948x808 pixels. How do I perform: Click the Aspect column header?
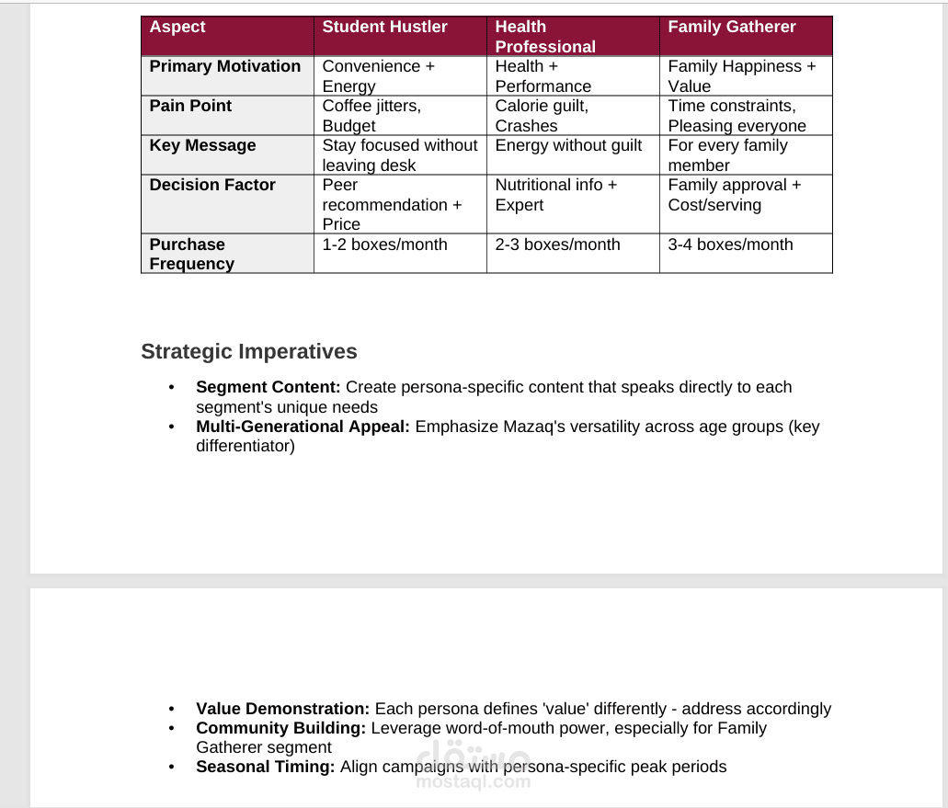click(x=177, y=28)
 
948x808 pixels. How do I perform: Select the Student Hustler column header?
click(x=384, y=28)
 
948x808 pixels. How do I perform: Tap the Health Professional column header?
click(x=545, y=37)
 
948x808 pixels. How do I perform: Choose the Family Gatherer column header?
click(x=732, y=28)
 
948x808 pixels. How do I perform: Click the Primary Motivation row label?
click(x=225, y=67)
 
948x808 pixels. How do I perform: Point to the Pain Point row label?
click(x=190, y=107)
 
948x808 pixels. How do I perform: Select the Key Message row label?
click(x=202, y=146)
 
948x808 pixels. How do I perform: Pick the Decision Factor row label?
click(x=212, y=186)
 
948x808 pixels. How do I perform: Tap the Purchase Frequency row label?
click(x=191, y=254)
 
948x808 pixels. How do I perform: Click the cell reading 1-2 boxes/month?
click(x=384, y=245)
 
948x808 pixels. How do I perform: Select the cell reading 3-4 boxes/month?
click(x=730, y=245)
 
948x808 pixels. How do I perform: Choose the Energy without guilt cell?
click(x=568, y=146)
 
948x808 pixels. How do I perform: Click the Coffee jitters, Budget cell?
click(x=371, y=116)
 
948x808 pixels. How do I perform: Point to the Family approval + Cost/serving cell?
click(x=734, y=195)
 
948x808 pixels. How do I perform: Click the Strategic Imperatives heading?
click(x=249, y=352)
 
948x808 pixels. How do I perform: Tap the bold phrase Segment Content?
click(x=268, y=388)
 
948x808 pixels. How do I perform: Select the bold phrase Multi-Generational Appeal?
click(x=303, y=427)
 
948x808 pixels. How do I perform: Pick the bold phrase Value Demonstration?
click(x=283, y=710)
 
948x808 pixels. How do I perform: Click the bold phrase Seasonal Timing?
click(x=266, y=768)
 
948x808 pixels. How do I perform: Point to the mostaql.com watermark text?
click(x=473, y=782)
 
